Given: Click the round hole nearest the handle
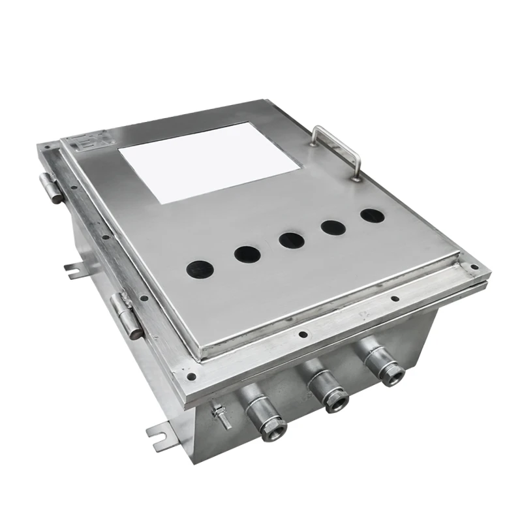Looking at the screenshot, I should (x=373, y=215).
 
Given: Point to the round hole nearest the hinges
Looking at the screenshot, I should (x=200, y=268).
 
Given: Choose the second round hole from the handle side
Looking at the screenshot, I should (x=333, y=228).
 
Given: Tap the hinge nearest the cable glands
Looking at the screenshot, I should (x=127, y=315).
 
